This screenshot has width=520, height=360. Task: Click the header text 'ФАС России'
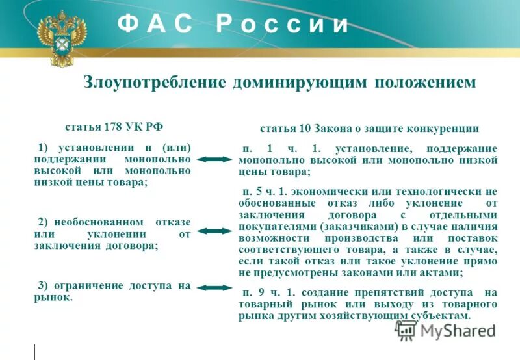point(233,24)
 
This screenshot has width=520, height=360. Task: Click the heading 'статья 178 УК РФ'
point(113,126)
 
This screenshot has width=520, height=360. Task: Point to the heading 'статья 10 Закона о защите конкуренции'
point(369,129)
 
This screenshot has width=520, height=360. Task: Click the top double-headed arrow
point(214,159)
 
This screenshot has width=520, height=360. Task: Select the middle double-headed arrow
point(214,231)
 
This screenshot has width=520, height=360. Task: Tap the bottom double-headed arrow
point(214,288)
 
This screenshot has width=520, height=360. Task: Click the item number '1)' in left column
point(45,148)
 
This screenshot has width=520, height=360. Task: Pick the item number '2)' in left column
point(45,222)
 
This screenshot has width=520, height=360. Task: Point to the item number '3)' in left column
point(45,285)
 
